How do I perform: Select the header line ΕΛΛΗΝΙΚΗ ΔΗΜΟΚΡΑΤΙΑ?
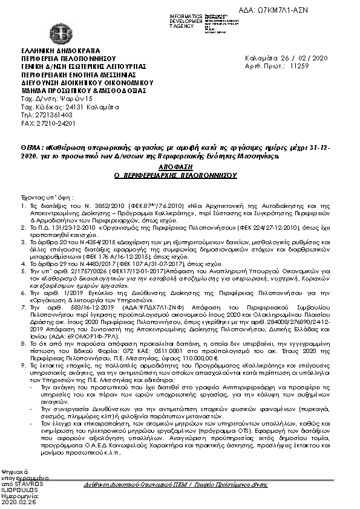(x=60, y=50)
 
